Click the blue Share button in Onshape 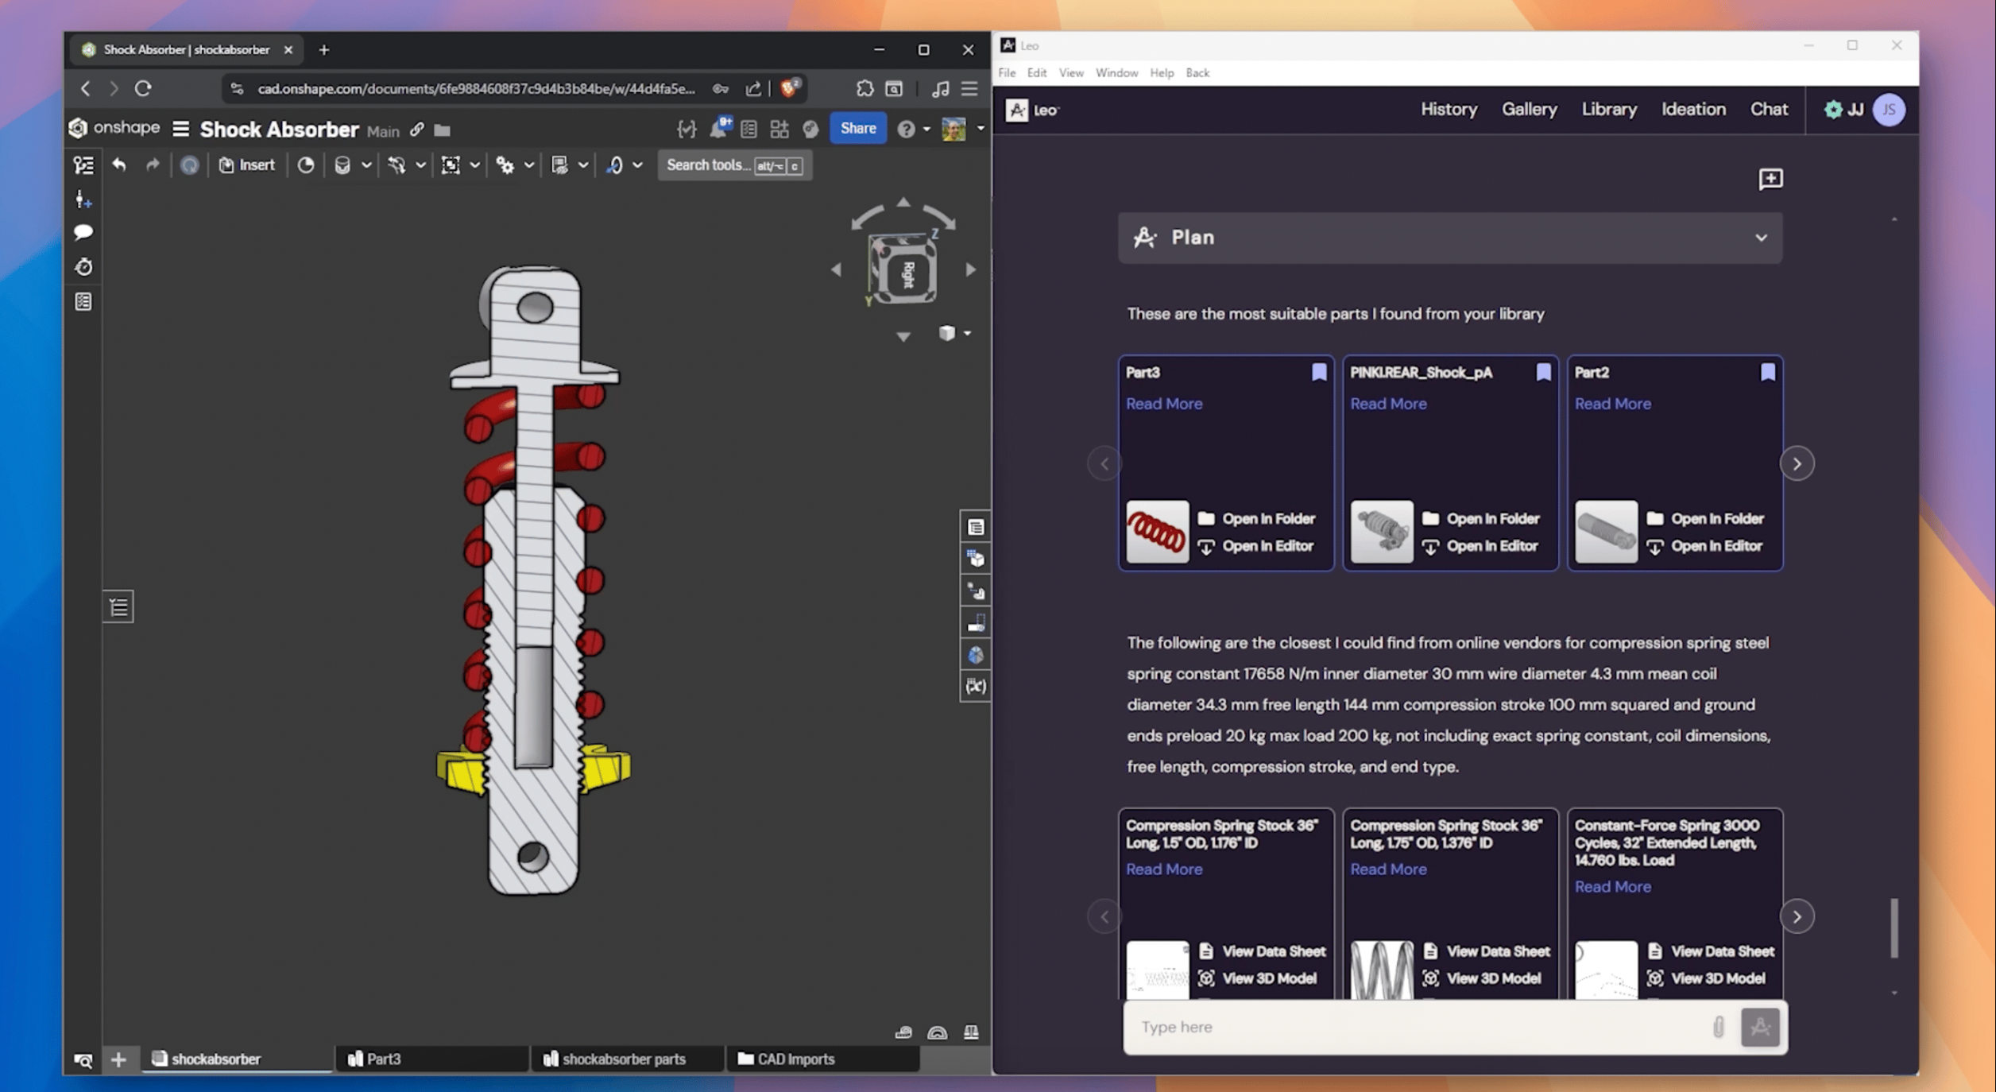click(857, 128)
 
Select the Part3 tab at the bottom click(384, 1059)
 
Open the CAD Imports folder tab click(795, 1059)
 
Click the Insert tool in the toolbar click(247, 165)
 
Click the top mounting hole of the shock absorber click(535, 307)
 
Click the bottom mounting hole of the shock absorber click(532, 857)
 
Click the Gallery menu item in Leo click(1529, 109)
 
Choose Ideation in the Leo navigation click(1692, 109)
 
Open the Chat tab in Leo click(1768, 109)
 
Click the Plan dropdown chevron click(1761, 238)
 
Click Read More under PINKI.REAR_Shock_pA click(1388, 404)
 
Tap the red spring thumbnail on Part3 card click(1157, 532)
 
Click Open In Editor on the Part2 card click(1716, 546)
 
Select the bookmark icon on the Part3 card click(1319, 372)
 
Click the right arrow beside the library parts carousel click(1797, 463)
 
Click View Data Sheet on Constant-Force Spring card click(1721, 951)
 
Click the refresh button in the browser click(143, 88)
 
